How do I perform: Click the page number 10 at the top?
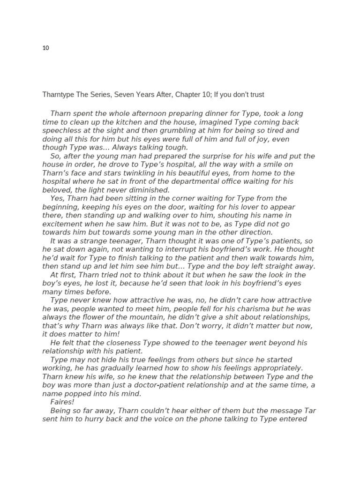click(x=45, y=48)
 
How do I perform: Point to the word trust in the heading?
click(x=256, y=95)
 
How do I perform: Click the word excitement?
click(x=63, y=224)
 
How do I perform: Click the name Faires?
click(x=62, y=402)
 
